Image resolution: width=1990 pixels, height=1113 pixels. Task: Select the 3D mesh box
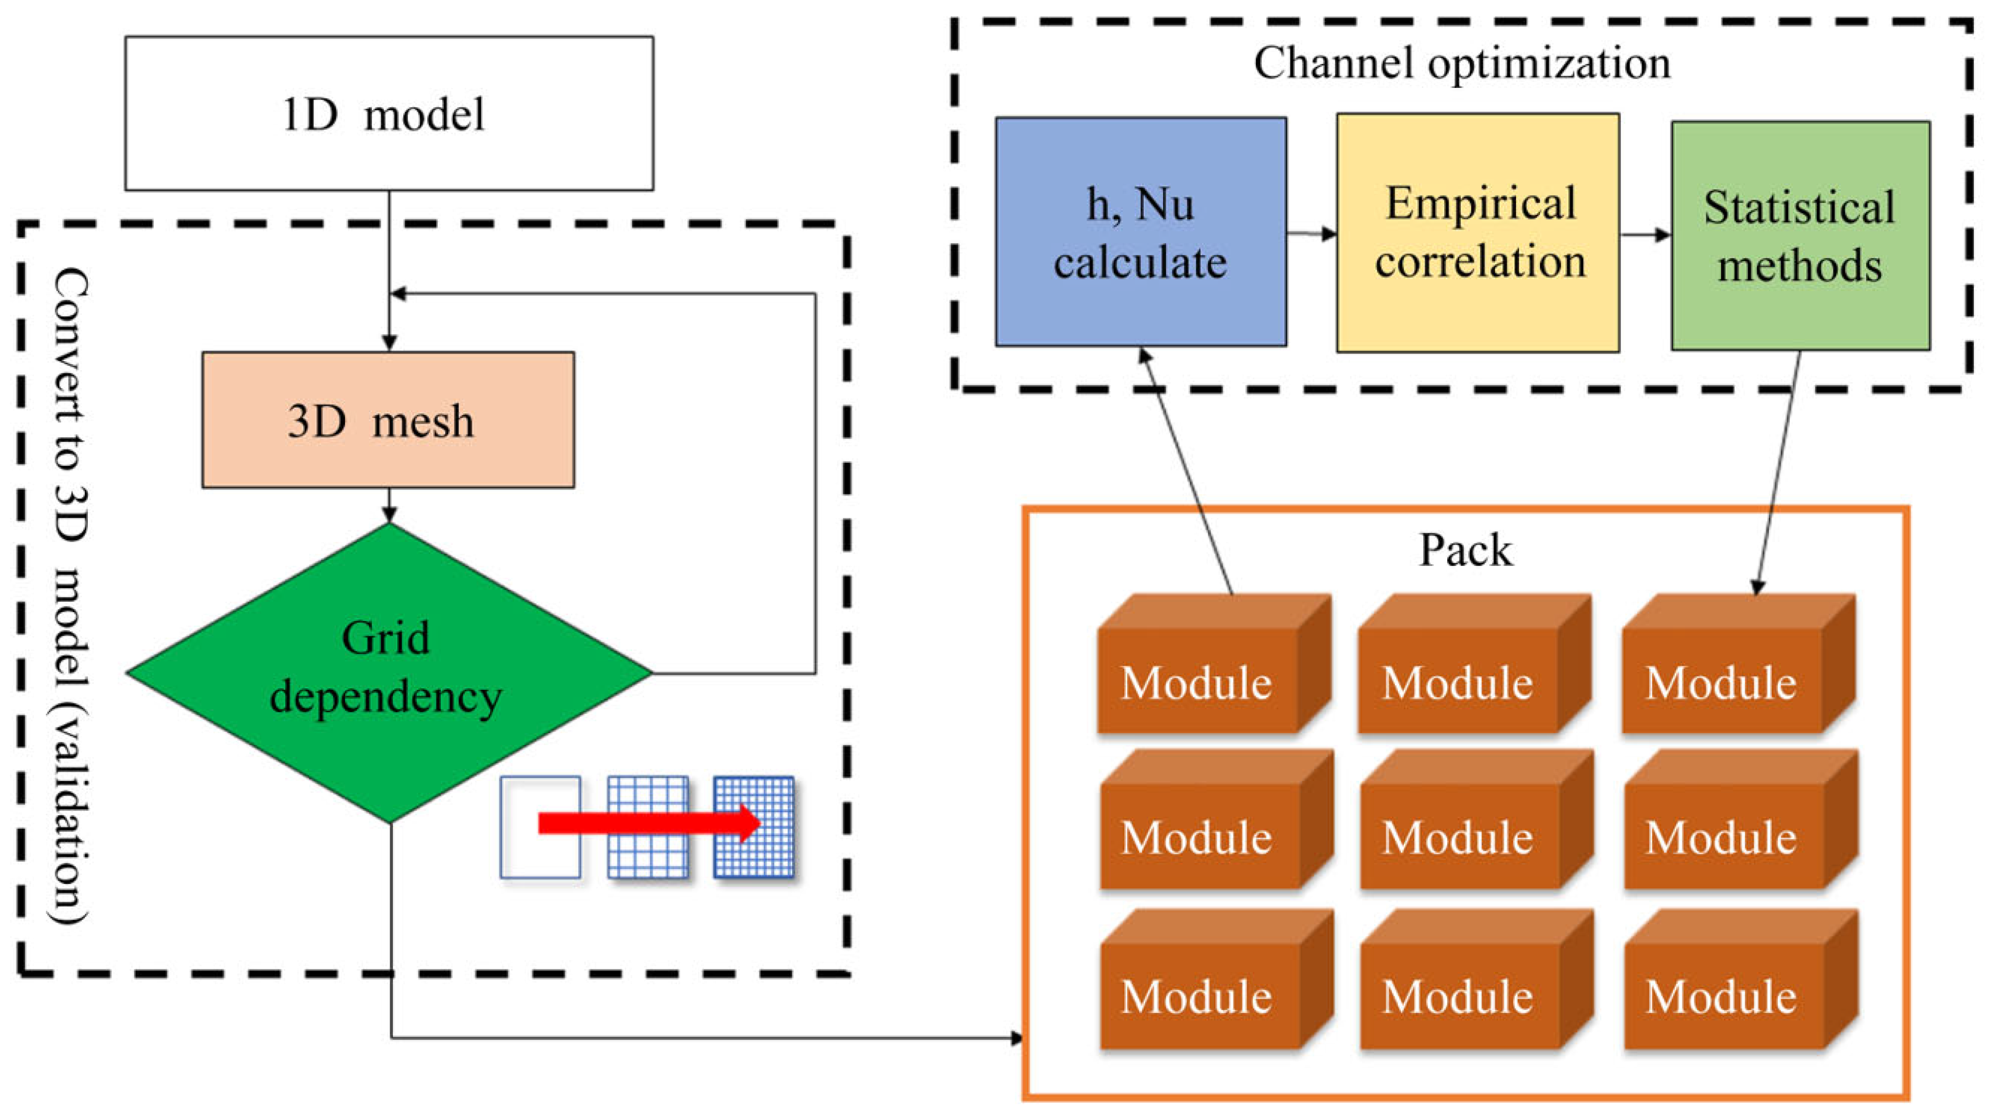[x=388, y=420]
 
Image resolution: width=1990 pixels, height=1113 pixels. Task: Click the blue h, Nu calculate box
[x=1140, y=232]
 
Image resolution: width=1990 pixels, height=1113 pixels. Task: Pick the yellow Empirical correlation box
[x=1478, y=232]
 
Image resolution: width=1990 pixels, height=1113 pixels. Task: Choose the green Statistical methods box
[x=1800, y=236]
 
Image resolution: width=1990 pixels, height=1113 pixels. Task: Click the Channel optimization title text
[x=1461, y=63]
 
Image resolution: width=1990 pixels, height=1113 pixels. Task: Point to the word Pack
[x=1465, y=550]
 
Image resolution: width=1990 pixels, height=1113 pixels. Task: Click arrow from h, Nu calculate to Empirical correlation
[x=1312, y=232]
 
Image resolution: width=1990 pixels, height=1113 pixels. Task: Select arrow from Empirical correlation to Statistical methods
[x=1645, y=234]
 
